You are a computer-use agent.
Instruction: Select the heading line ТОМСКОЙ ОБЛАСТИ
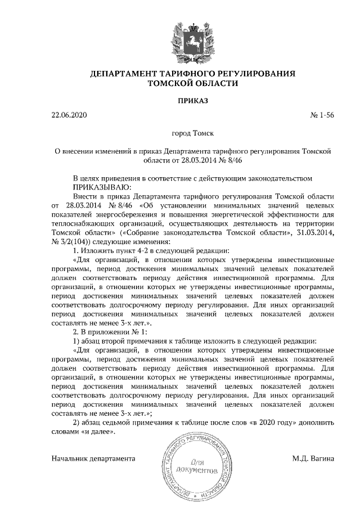pyautogui.click(x=192, y=84)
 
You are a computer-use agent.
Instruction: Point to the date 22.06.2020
pyautogui.click(x=70, y=116)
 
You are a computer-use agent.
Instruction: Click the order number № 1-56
pyautogui.click(x=322, y=116)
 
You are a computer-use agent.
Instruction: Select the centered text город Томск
pyautogui.click(x=192, y=134)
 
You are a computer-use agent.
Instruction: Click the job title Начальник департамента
pyautogui.click(x=93, y=458)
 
